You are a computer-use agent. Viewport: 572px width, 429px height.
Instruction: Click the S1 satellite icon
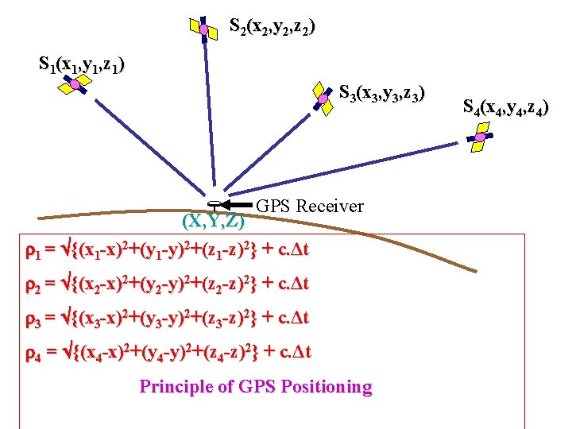tap(73, 83)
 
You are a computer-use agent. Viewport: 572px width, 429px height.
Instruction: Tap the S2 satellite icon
tap(203, 29)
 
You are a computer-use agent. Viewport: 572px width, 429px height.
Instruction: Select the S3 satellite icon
tap(323, 97)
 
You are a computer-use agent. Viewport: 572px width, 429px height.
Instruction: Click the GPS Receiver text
tap(310, 207)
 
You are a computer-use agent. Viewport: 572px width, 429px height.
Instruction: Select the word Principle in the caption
tap(172, 387)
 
